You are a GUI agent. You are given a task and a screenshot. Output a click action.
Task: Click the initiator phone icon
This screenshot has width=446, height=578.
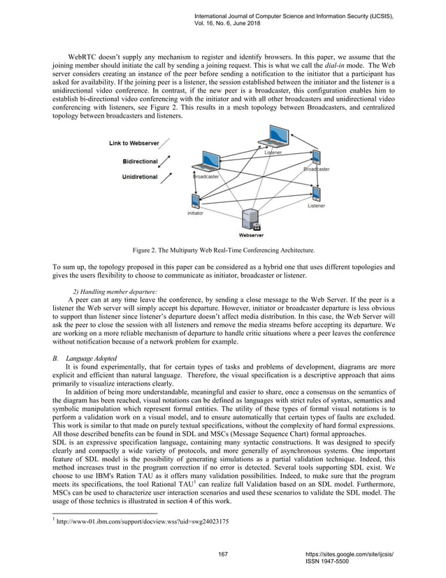194,199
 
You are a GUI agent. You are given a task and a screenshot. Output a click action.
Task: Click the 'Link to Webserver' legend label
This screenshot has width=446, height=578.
134,144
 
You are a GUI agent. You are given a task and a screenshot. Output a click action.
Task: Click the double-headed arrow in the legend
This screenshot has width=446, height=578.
168,162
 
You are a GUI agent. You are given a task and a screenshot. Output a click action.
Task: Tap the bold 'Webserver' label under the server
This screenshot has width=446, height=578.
251,236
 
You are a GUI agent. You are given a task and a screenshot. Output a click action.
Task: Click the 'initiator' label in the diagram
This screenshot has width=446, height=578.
195,213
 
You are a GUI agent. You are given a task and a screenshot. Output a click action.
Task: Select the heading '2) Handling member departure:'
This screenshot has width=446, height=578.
115,291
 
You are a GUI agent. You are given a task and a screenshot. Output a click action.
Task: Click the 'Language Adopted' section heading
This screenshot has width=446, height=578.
91,358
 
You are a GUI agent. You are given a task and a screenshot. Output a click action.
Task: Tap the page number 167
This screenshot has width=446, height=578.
223,554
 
